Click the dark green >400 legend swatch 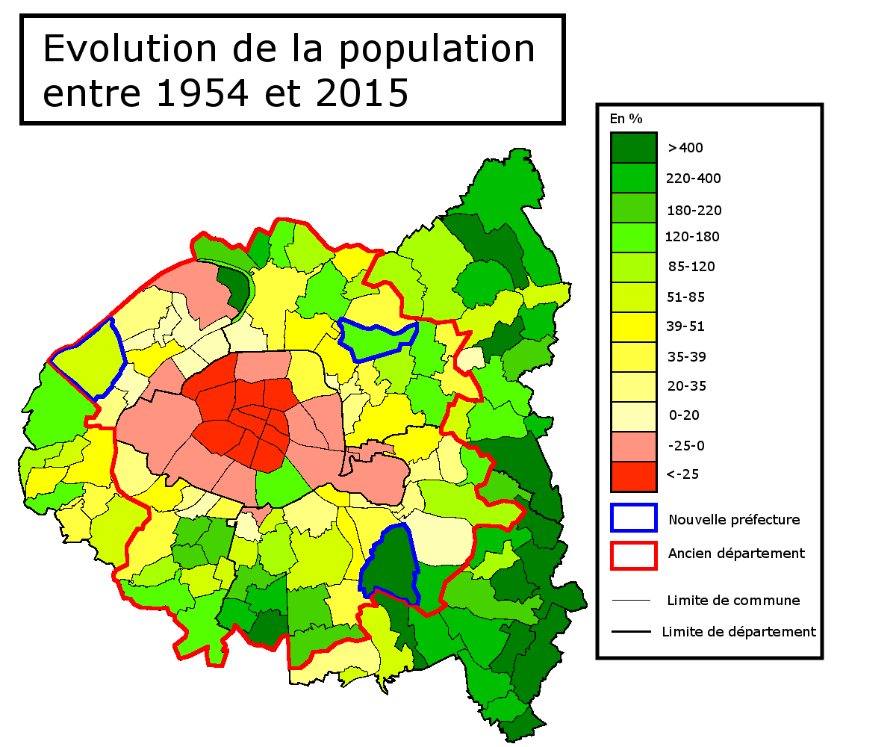pyautogui.click(x=633, y=148)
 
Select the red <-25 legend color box pyautogui.click(x=633, y=476)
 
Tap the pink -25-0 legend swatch pyautogui.click(x=633, y=446)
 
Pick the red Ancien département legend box pyautogui.click(x=633, y=554)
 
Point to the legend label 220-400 pyautogui.click(x=694, y=179)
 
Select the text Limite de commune pyautogui.click(x=733, y=601)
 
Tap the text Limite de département pyautogui.click(x=738, y=632)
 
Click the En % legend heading pyautogui.click(x=626, y=119)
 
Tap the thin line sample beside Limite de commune pyautogui.click(x=631, y=601)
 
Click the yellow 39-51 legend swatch pyautogui.click(x=633, y=327)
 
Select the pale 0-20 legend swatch pyautogui.click(x=633, y=416)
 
